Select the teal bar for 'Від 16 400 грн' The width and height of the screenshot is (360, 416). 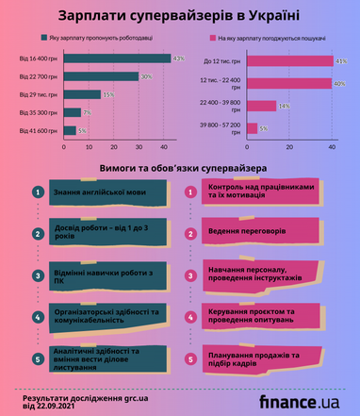(x=117, y=59)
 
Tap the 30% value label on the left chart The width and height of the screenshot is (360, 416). (x=146, y=76)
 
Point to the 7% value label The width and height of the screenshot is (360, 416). (x=87, y=112)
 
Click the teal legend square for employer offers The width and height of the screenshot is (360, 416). (x=43, y=38)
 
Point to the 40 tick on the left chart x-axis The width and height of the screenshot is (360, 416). (x=164, y=147)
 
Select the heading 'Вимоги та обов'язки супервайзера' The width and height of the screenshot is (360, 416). (x=179, y=168)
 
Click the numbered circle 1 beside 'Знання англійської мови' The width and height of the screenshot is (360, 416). (x=36, y=192)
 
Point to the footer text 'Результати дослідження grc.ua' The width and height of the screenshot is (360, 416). (x=85, y=396)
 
